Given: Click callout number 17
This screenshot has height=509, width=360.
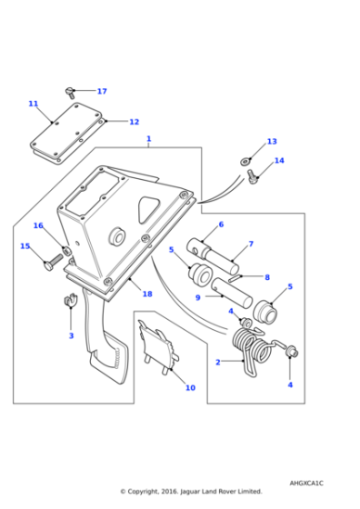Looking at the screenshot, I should (x=102, y=92).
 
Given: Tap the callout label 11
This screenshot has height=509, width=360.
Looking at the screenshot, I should (x=34, y=104).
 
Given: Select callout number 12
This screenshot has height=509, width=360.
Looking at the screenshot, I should (x=134, y=122).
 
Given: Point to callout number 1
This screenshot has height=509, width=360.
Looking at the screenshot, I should (x=148, y=140).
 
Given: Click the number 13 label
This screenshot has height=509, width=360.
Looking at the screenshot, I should (x=271, y=142).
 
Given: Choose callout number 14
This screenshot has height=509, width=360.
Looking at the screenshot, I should (x=279, y=161).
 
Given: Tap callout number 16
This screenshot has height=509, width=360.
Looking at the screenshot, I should (x=38, y=225).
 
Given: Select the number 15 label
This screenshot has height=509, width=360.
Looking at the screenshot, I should (x=25, y=245).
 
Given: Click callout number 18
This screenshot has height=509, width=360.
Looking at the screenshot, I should (x=147, y=294).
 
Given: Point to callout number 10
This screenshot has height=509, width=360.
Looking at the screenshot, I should (x=190, y=388).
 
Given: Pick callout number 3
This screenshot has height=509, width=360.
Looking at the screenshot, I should (x=71, y=335).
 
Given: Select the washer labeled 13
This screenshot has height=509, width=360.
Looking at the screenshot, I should (x=246, y=162).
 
